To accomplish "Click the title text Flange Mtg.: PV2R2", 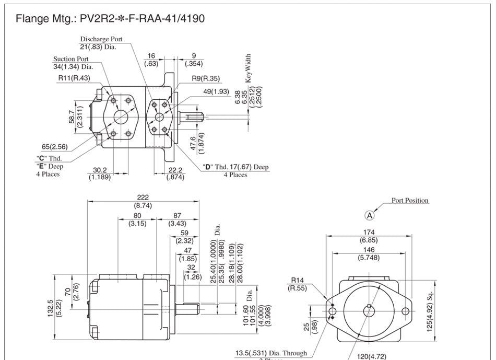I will [110, 19].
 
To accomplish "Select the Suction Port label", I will [71, 59].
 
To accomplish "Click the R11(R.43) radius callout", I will [74, 78].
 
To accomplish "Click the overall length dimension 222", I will [143, 198].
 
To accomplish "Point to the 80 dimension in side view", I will [137, 215].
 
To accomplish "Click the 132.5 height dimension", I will [50, 308].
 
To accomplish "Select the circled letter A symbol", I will [369, 215].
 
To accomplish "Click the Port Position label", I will [410, 200].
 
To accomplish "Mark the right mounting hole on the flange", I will [406, 312].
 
